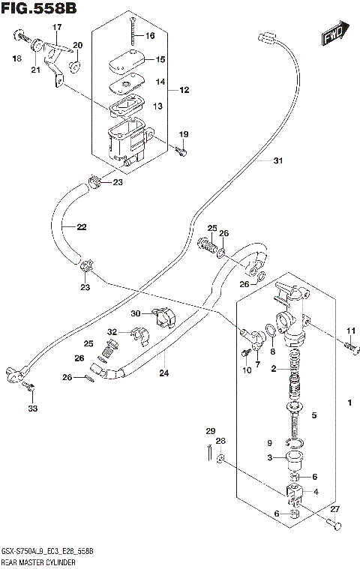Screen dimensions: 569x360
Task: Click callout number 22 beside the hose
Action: point(81,226)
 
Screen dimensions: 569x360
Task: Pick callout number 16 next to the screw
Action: point(150,36)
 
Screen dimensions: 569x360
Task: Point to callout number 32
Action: point(112,331)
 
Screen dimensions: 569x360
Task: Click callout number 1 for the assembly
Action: point(349,405)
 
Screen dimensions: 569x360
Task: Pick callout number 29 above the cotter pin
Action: point(211,430)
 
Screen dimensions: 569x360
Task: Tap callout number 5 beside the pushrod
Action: point(315,415)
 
